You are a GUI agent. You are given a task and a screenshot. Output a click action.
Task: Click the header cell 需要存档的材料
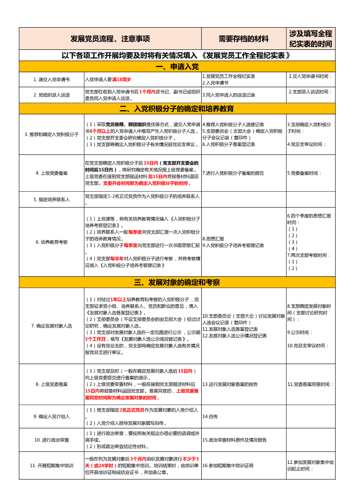243,39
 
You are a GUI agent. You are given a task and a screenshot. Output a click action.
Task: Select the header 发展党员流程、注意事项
110,39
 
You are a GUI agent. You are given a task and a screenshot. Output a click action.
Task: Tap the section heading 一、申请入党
177,67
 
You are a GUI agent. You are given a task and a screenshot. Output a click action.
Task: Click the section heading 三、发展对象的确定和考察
177,283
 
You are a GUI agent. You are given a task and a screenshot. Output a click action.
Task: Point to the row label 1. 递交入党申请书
51,79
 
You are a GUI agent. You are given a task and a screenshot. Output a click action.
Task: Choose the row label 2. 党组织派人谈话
51,95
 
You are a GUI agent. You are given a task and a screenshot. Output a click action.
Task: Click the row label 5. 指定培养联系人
51,199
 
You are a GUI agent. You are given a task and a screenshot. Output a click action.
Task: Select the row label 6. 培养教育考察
51,242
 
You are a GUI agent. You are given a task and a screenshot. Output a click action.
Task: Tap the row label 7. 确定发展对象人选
51,326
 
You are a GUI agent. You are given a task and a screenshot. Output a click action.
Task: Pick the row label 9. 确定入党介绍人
51,416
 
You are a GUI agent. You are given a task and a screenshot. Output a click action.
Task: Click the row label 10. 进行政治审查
51,439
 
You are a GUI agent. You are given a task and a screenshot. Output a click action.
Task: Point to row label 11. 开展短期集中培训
51,465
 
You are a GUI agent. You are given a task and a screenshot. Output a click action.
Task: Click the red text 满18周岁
122,79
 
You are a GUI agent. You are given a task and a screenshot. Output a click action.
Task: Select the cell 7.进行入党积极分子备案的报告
233,173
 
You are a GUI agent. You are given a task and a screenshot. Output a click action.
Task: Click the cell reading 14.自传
210,416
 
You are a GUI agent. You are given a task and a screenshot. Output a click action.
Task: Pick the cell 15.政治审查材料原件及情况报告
234,439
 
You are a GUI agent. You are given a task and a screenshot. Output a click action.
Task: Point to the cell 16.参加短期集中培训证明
228,465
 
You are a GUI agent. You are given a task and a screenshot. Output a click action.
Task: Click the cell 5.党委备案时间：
304,173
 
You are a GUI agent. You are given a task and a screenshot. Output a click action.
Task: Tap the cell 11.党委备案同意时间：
310,384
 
